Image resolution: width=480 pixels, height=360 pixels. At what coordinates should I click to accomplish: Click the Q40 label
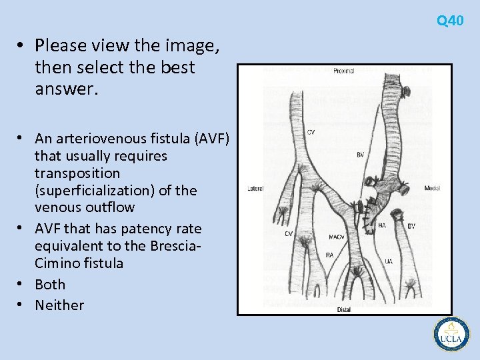coord(450,21)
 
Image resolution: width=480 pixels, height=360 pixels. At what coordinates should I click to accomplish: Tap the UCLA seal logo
coord(451,333)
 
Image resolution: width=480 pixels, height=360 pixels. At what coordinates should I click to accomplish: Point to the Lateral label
coord(255,189)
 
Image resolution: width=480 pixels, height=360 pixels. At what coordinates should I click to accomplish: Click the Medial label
coord(432,189)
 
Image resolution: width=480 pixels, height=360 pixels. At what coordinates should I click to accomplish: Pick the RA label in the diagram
coord(329,255)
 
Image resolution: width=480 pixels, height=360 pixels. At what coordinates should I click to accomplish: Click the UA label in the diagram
coord(388,261)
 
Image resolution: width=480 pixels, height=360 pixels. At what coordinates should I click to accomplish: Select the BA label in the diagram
coord(382,226)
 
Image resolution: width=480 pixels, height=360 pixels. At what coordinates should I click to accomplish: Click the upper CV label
coord(311,132)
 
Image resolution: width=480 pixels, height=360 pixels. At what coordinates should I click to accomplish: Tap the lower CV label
coord(289,234)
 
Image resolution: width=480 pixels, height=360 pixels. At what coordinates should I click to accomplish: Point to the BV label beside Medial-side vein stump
coord(411,226)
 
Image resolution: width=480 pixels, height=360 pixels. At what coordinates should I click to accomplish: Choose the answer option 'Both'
coord(50,284)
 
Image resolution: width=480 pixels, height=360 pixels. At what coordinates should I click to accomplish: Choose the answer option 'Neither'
coord(59,305)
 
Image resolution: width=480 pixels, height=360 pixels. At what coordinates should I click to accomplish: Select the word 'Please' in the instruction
coord(61,45)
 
